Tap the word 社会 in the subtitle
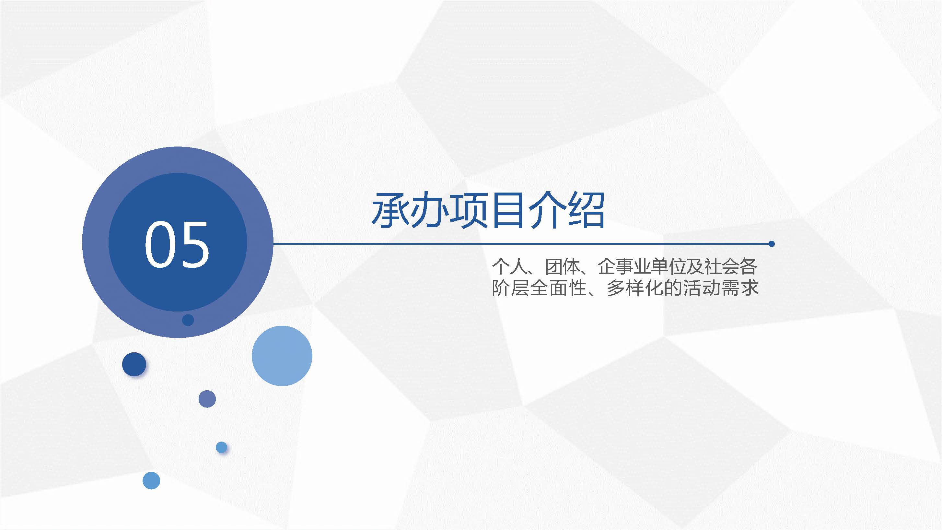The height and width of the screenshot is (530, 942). coord(722,267)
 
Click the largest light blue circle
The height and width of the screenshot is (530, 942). coord(282,356)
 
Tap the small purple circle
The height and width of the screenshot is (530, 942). coord(207,399)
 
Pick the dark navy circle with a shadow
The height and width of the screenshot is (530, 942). coord(134,364)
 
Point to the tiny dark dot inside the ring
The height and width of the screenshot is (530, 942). coord(188,320)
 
